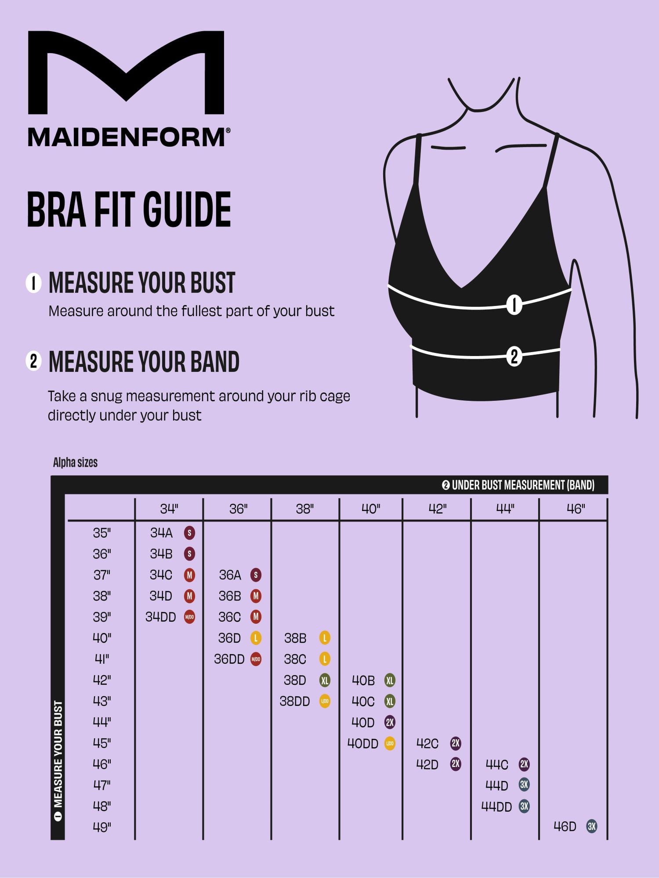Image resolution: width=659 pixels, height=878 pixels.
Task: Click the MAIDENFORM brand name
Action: [129, 137]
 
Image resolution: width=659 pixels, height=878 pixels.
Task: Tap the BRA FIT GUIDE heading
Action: [129, 209]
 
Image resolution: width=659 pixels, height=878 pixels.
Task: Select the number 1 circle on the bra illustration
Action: [514, 304]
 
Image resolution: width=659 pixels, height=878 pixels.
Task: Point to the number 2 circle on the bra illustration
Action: [514, 356]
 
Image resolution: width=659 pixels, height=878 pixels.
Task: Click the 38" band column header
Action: [305, 509]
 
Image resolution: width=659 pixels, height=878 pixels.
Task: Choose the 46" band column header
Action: [576, 509]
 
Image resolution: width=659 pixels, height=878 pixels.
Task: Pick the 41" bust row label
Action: [102, 659]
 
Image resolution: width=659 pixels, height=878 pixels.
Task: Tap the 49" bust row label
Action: [102, 827]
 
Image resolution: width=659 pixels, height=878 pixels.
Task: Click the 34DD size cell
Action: [161, 617]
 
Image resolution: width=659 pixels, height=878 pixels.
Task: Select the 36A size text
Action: [230, 575]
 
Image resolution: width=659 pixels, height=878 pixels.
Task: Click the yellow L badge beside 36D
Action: [256, 638]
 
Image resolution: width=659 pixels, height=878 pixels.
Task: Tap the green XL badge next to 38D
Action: [325, 680]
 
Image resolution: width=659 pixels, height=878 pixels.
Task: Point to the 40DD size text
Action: [363, 744]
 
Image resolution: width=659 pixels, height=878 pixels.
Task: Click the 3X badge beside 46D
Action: [592, 827]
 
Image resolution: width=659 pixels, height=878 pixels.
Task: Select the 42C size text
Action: [427, 744]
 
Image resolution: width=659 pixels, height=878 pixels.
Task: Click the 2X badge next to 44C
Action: [524, 764]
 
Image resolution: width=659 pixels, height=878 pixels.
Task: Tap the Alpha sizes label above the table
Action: [75, 462]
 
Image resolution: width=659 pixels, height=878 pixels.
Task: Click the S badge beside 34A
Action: [189, 533]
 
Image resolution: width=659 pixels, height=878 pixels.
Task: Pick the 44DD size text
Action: [497, 806]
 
